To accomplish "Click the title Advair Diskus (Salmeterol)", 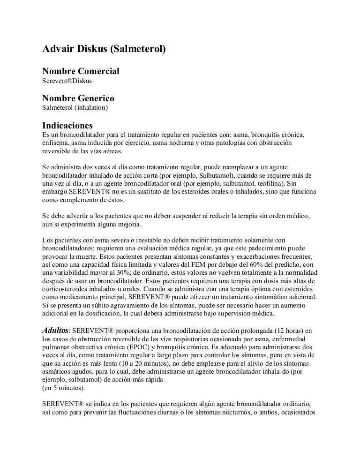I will point(104,48).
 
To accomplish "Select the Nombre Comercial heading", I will point(81,71).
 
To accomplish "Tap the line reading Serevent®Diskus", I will point(67,81).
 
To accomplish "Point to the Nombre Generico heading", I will point(78,98).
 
